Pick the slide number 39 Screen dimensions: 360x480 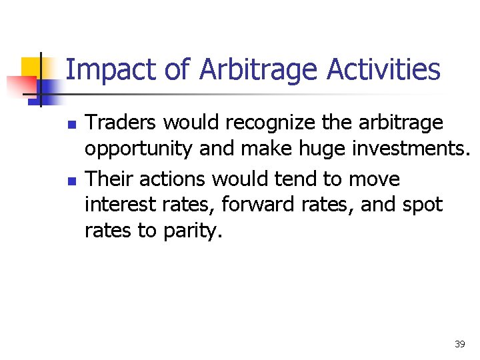[x=459, y=344]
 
